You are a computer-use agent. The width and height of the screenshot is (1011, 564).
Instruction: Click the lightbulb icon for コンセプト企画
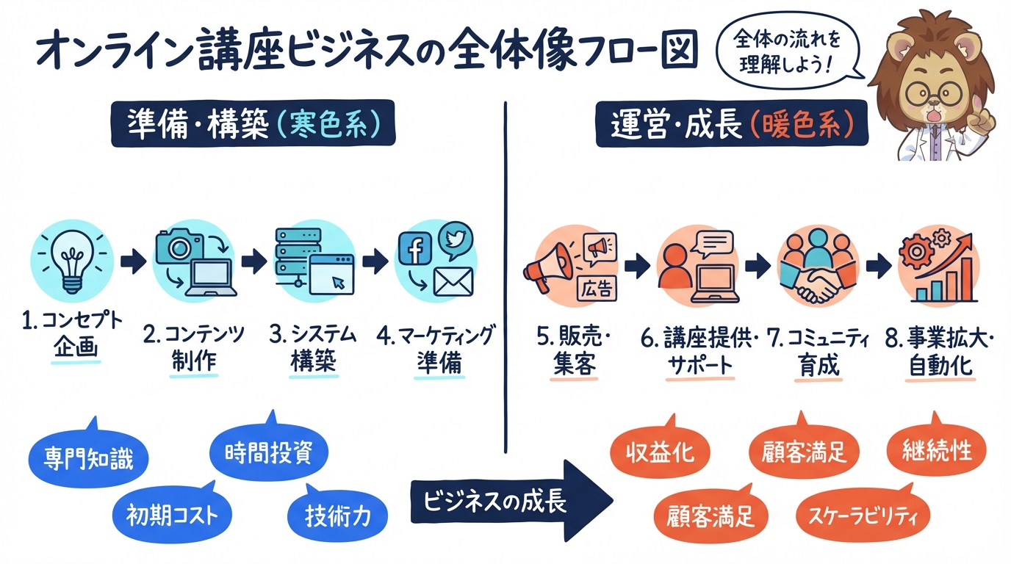(x=72, y=261)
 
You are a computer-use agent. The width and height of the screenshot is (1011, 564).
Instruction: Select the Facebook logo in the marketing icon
(x=414, y=252)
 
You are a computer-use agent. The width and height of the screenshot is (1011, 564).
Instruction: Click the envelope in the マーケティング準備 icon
(x=453, y=283)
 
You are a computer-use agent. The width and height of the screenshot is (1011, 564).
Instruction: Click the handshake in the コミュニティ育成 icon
(x=817, y=287)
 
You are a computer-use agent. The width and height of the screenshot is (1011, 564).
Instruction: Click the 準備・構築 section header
(x=253, y=125)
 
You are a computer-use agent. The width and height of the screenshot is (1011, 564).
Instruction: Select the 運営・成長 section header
(x=731, y=125)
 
